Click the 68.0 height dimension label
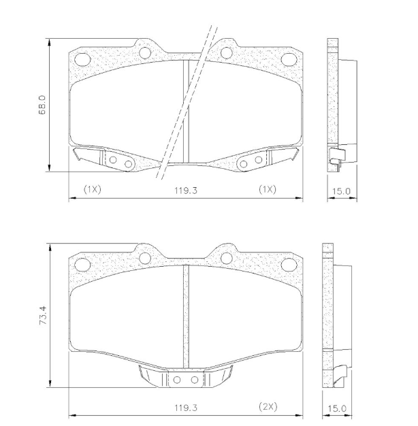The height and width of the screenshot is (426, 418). pos(43,106)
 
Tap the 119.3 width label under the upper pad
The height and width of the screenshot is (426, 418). pos(185,191)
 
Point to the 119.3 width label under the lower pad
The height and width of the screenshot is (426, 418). pos(185,408)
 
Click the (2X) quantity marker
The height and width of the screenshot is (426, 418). pos(268,407)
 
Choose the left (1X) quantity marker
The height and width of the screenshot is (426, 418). pos(92,189)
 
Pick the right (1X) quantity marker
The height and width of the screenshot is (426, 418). pos(267,189)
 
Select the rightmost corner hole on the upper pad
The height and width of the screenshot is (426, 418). pos(289,59)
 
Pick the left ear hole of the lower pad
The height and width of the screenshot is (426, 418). pos(144,257)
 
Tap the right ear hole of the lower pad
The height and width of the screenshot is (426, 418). pos(226,257)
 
